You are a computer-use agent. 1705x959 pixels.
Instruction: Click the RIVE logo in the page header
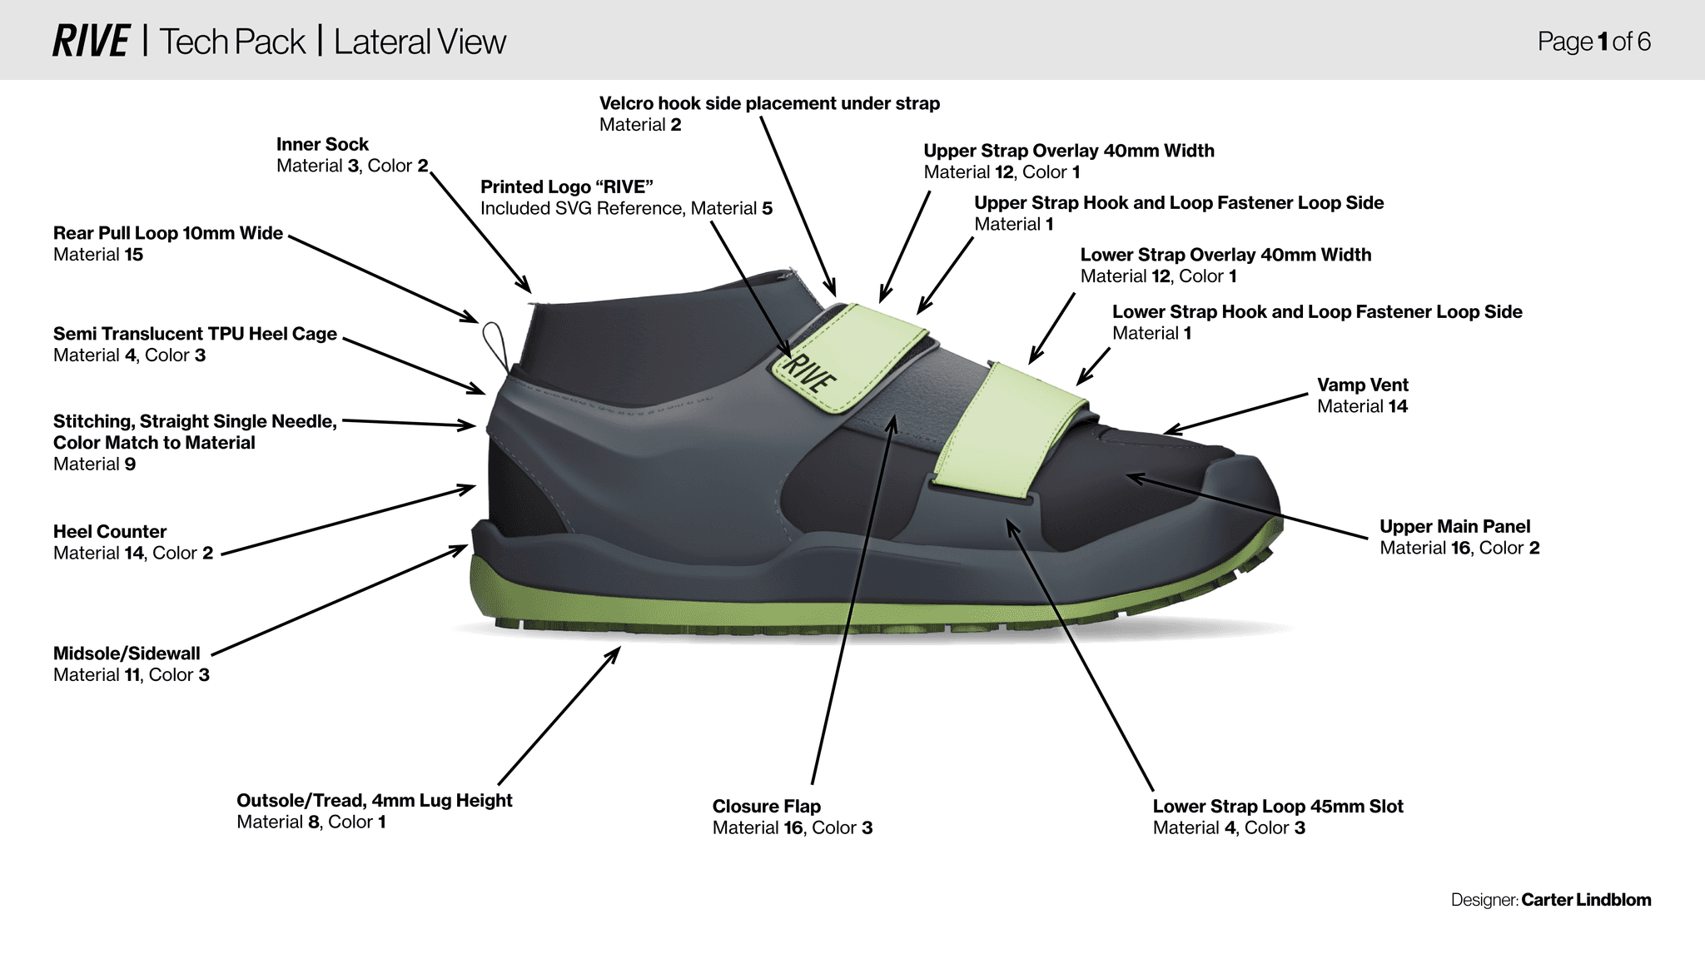pyautogui.click(x=91, y=42)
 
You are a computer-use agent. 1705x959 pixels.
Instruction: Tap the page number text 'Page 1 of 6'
pyautogui.click(x=1593, y=42)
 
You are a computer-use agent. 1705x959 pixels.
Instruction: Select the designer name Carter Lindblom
pyautogui.click(x=1585, y=900)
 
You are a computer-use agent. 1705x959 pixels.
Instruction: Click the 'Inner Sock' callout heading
pyautogui.click(x=322, y=145)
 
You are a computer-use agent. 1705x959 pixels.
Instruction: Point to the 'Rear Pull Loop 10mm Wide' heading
pyautogui.click(x=168, y=233)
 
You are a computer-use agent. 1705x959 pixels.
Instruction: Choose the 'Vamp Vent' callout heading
pyautogui.click(x=1362, y=385)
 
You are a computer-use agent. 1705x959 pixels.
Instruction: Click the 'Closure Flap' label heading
pyautogui.click(x=766, y=807)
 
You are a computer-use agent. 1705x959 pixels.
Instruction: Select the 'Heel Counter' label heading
pyautogui.click(x=110, y=532)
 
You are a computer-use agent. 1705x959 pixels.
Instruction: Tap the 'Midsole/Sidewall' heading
pyautogui.click(x=127, y=653)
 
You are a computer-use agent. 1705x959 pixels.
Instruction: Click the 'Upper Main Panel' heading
pyautogui.click(x=1454, y=527)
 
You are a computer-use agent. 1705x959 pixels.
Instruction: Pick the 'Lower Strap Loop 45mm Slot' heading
pyautogui.click(x=1277, y=807)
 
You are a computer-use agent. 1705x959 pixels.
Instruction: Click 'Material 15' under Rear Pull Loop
pyautogui.click(x=98, y=255)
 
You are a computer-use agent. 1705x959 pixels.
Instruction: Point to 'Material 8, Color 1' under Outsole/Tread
pyautogui.click(x=311, y=822)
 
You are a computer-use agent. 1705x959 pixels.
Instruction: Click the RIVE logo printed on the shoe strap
pyautogui.click(x=808, y=372)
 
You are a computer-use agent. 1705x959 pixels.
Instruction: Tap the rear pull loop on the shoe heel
pyautogui.click(x=495, y=343)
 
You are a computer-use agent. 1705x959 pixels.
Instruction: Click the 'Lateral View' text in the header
pyautogui.click(x=420, y=42)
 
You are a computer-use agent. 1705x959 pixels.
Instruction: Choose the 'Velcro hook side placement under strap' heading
pyautogui.click(x=769, y=104)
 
